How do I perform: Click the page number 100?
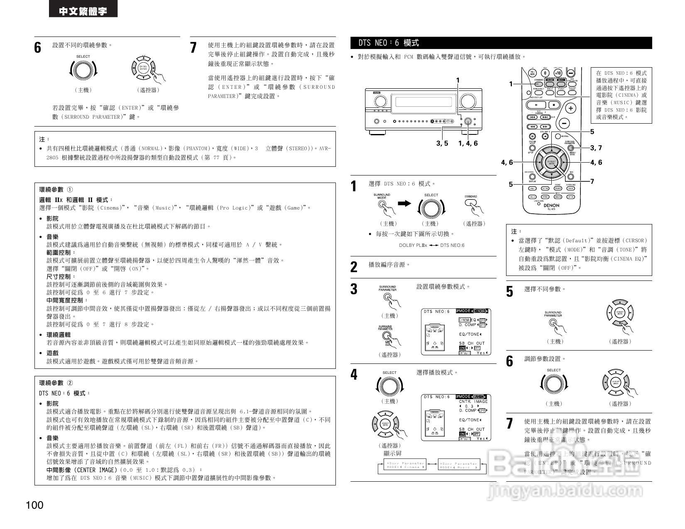pyautogui.click(x=34, y=505)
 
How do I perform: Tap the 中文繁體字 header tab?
pyautogui.click(x=83, y=10)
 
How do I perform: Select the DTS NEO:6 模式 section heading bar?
pyautogui.click(x=501, y=43)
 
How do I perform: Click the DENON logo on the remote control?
pyautogui.click(x=551, y=205)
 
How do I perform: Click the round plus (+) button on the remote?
pyautogui.click(x=571, y=108)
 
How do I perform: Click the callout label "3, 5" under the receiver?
pyautogui.click(x=442, y=144)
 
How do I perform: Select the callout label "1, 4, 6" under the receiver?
pyautogui.click(x=468, y=144)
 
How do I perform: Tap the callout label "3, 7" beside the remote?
pyautogui.click(x=596, y=148)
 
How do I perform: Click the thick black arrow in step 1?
pyautogui.click(x=404, y=203)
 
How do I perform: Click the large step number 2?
pyautogui.click(x=354, y=267)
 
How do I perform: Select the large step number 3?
pyautogui.click(x=354, y=289)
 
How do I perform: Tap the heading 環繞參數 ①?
pyautogui.click(x=56, y=190)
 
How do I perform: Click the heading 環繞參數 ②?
pyautogui.click(x=56, y=383)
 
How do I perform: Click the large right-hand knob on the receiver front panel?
pyautogui.click(x=468, y=101)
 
